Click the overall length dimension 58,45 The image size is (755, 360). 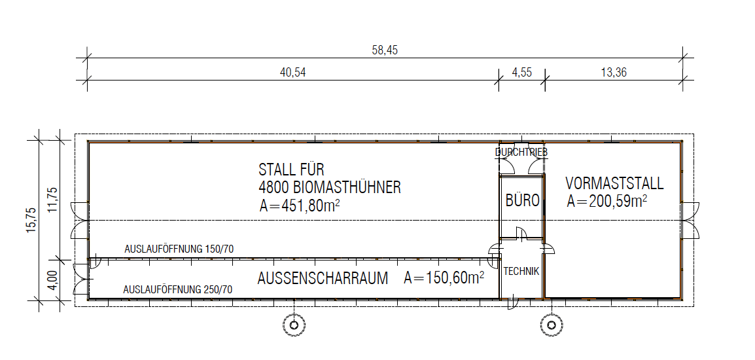[x=385, y=50]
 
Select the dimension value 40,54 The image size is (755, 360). [x=292, y=72]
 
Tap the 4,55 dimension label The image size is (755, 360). [x=522, y=72]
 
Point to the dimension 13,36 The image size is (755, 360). [x=614, y=72]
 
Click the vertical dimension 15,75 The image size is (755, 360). [x=31, y=221]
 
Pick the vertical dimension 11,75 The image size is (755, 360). [x=53, y=199]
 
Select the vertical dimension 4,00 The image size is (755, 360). [x=53, y=279]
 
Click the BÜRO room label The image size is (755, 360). [x=523, y=200]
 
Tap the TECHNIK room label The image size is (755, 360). [x=521, y=272]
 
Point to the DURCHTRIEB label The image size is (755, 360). [x=521, y=153]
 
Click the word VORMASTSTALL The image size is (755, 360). [x=614, y=183]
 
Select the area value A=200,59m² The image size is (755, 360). [x=606, y=201]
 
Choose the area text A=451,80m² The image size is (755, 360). [x=300, y=206]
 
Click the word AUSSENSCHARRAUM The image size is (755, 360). [x=323, y=279]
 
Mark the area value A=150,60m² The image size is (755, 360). [x=444, y=278]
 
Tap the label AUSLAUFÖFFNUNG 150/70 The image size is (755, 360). [x=179, y=249]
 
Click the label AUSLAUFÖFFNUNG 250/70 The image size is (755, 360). [x=178, y=290]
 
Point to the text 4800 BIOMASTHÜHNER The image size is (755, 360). [x=330, y=187]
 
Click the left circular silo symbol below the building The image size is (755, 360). [x=293, y=325]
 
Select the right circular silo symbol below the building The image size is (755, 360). [x=550, y=325]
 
